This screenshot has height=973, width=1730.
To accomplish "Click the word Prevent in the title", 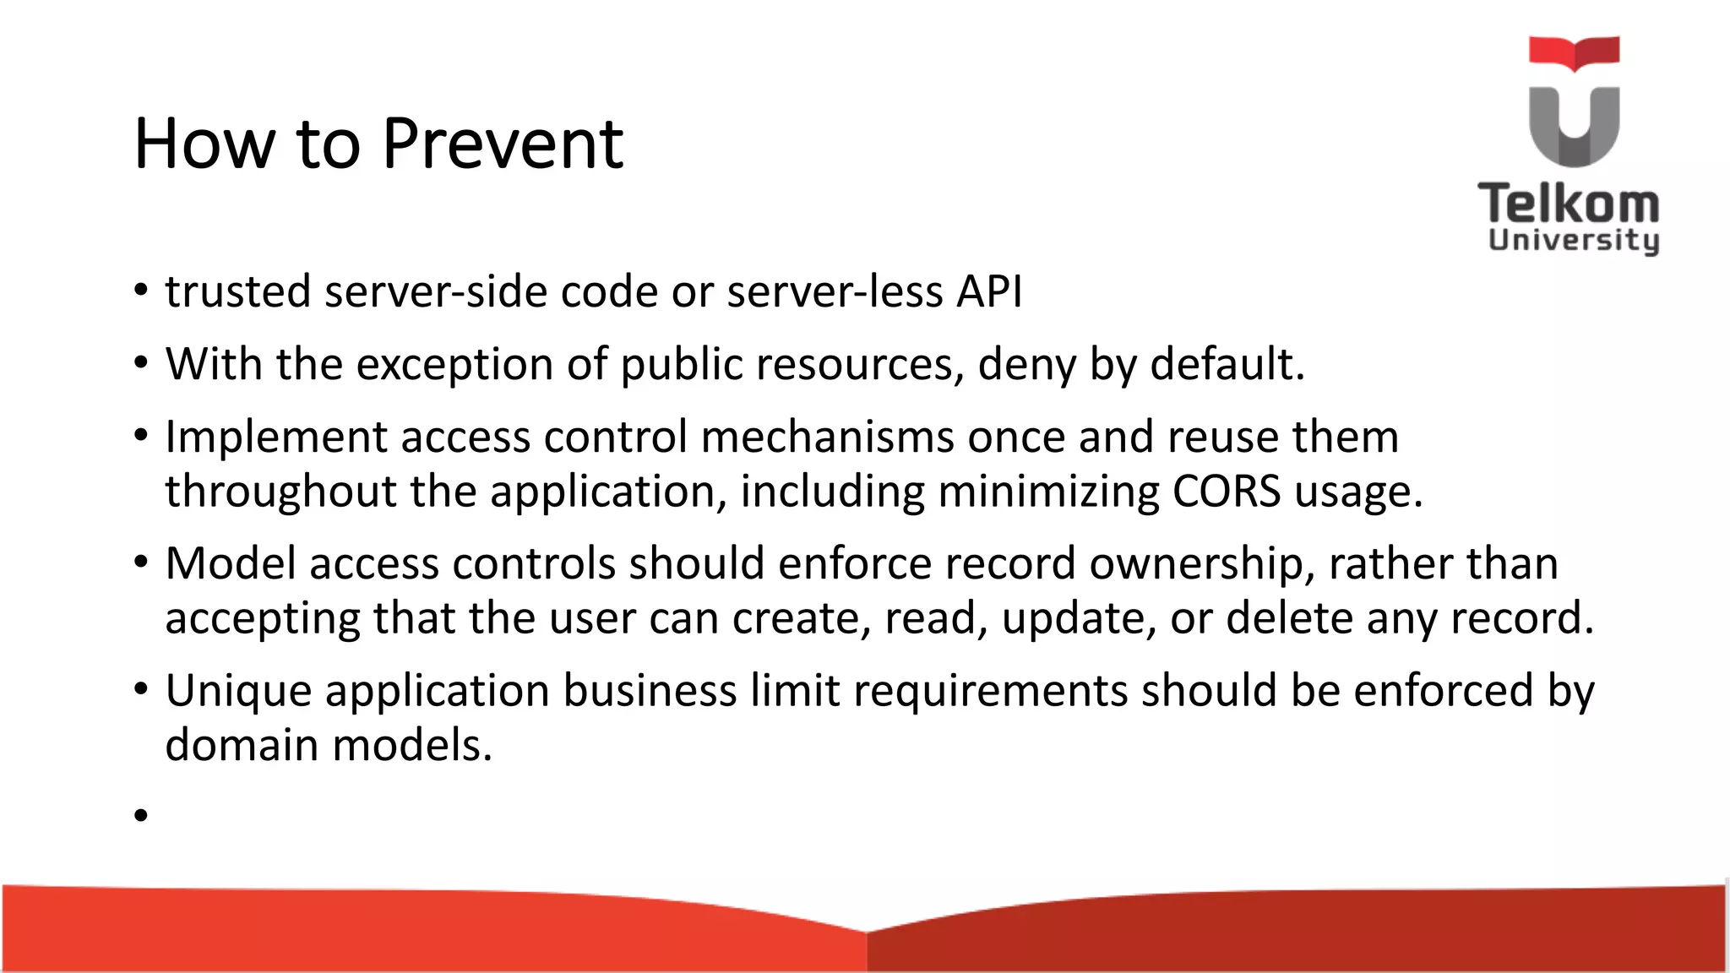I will pos(503,144).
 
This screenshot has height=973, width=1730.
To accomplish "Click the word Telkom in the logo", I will pos(1569,204).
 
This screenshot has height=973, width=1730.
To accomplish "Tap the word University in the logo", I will pos(1574,241).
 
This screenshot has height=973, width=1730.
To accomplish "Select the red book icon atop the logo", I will pos(1574,52).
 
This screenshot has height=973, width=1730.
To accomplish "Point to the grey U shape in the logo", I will pos(1574,127).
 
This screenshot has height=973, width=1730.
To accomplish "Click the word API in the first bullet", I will pos(989,291).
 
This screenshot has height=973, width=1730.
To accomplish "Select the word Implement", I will pos(275,438).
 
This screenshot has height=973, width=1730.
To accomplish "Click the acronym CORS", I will pos(1226,491).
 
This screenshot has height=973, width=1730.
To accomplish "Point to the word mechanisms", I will pos(827,437).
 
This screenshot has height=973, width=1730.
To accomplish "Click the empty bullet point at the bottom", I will pos(140,815).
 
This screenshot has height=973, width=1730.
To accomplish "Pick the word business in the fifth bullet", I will pos(650,690).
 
